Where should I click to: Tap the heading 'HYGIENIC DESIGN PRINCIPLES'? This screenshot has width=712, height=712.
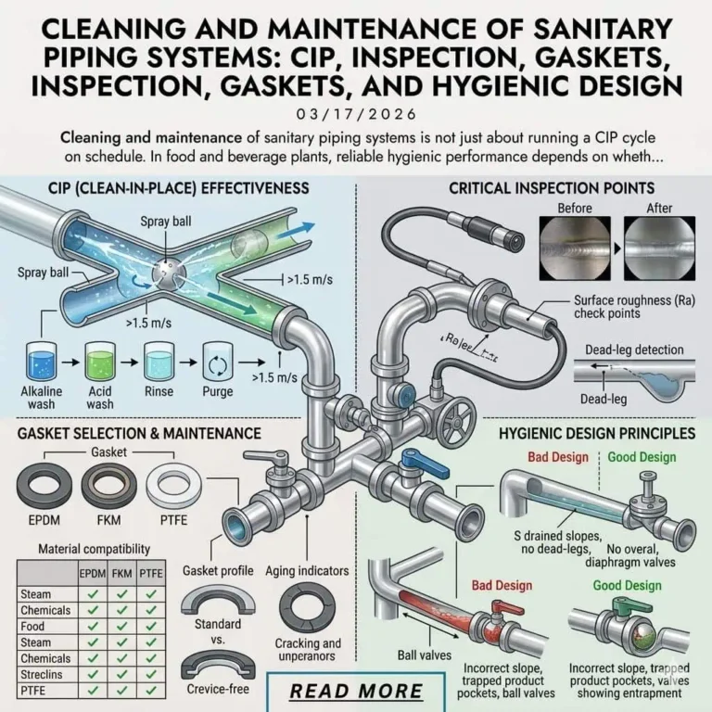[597, 433]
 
